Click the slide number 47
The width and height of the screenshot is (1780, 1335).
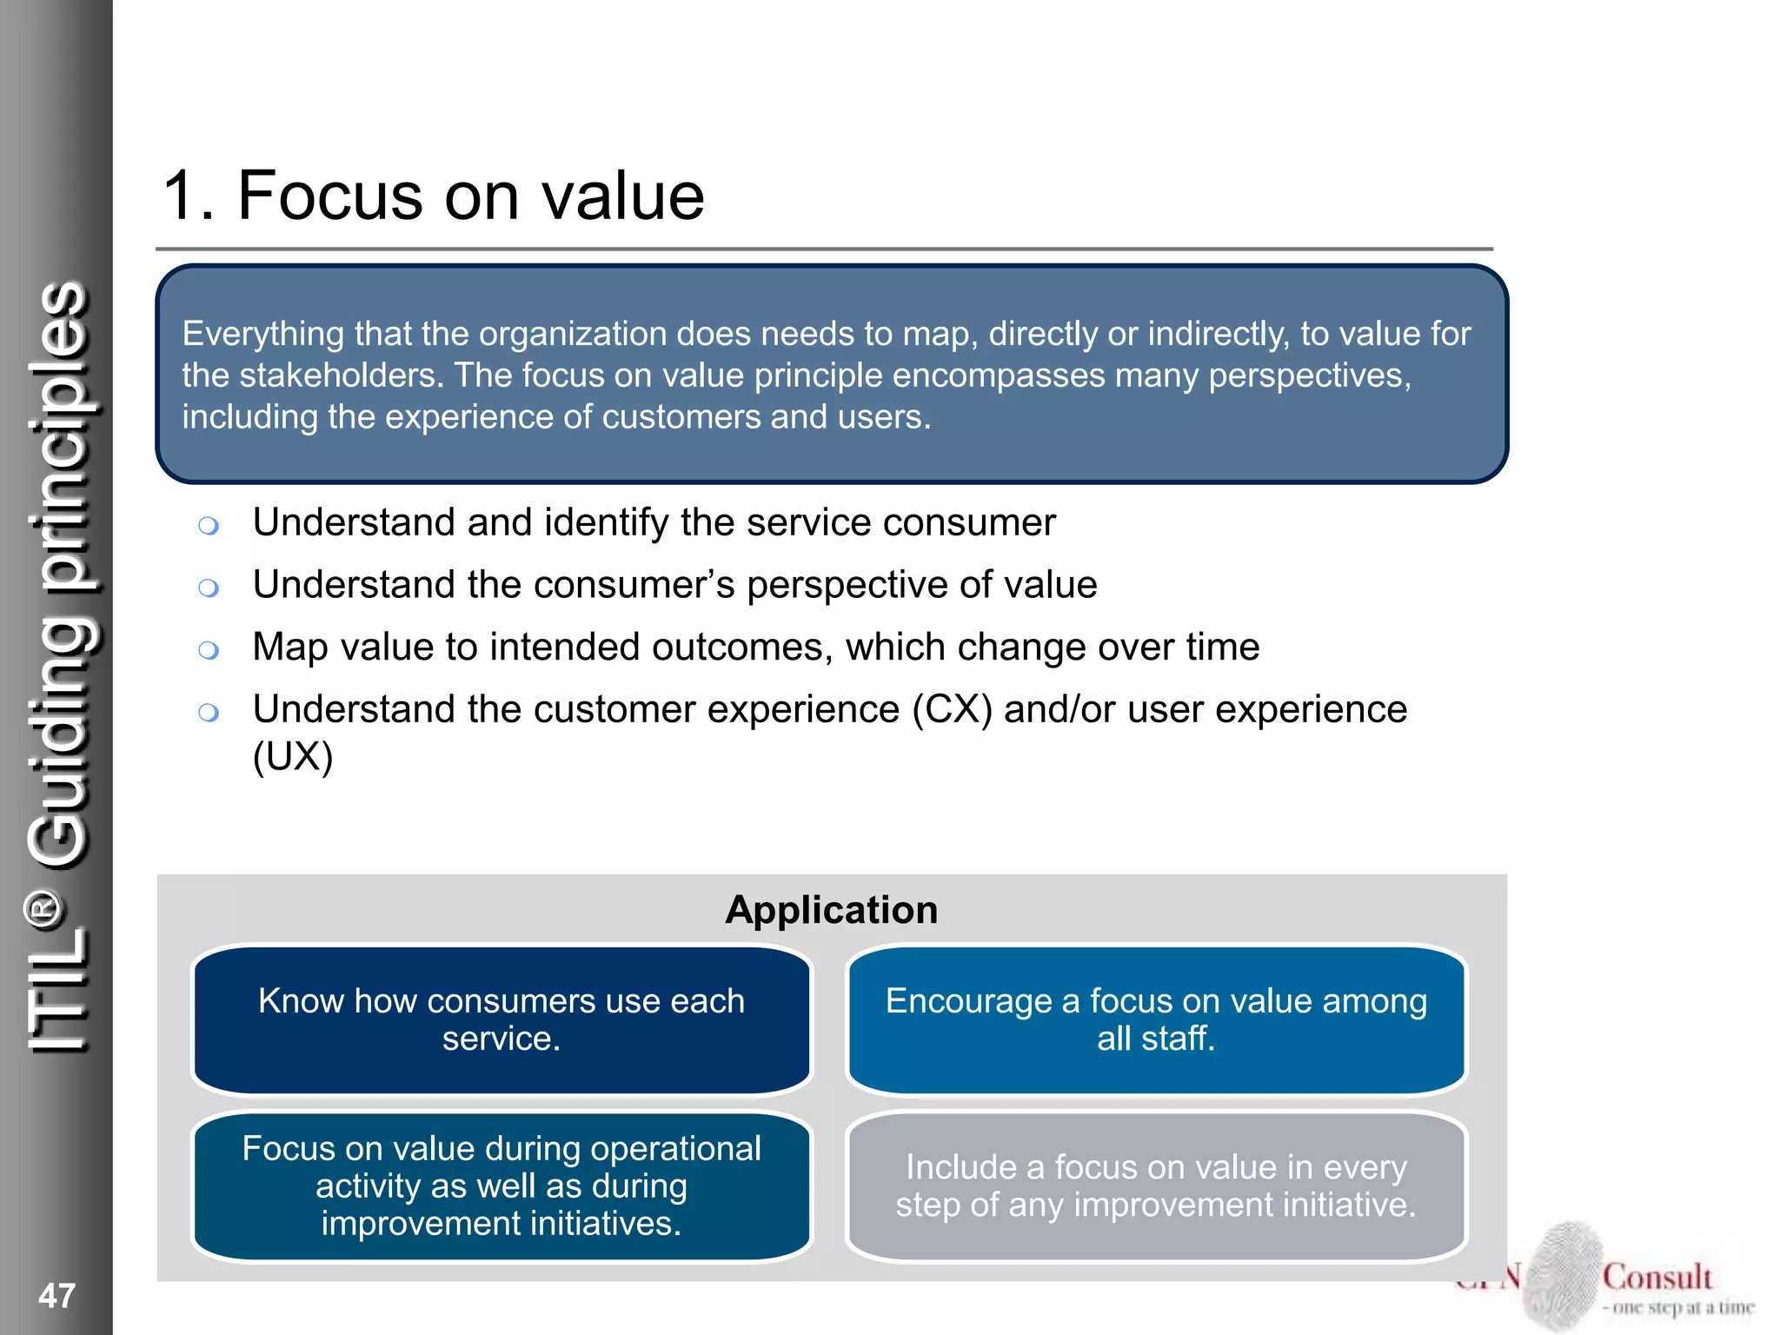(x=56, y=1295)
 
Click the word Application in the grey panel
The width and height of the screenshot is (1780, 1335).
(x=832, y=910)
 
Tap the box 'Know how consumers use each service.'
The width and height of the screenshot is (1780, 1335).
(x=501, y=1020)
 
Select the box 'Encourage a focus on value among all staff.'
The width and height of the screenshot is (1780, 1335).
(x=1156, y=1020)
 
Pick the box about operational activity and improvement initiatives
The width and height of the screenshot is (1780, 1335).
(x=501, y=1186)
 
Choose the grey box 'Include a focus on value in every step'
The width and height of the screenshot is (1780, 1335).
(x=1156, y=1186)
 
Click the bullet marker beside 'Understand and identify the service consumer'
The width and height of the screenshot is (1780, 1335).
(x=208, y=525)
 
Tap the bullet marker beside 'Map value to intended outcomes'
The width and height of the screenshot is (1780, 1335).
(x=208, y=650)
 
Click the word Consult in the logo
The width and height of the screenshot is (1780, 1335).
(x=1657, y=1277)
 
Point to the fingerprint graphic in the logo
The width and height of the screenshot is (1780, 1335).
(x=1564, y=1273)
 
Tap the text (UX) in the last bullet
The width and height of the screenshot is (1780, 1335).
(x=293, y=756)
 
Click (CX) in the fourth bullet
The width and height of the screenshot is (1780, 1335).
(x=952, y=709)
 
